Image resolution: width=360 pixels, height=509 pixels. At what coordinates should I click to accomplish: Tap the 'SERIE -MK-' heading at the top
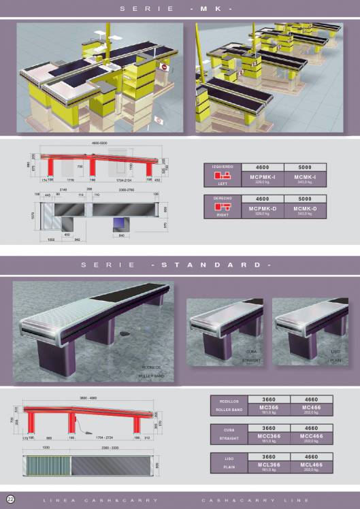click(180, 9)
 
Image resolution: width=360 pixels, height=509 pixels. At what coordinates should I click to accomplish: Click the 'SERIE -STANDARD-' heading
click(180, 265)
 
